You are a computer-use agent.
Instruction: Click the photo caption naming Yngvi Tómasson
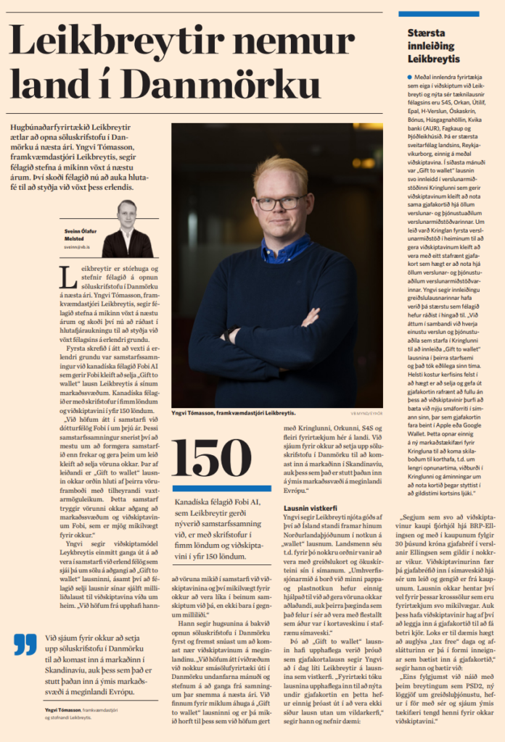tap(233, 412)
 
